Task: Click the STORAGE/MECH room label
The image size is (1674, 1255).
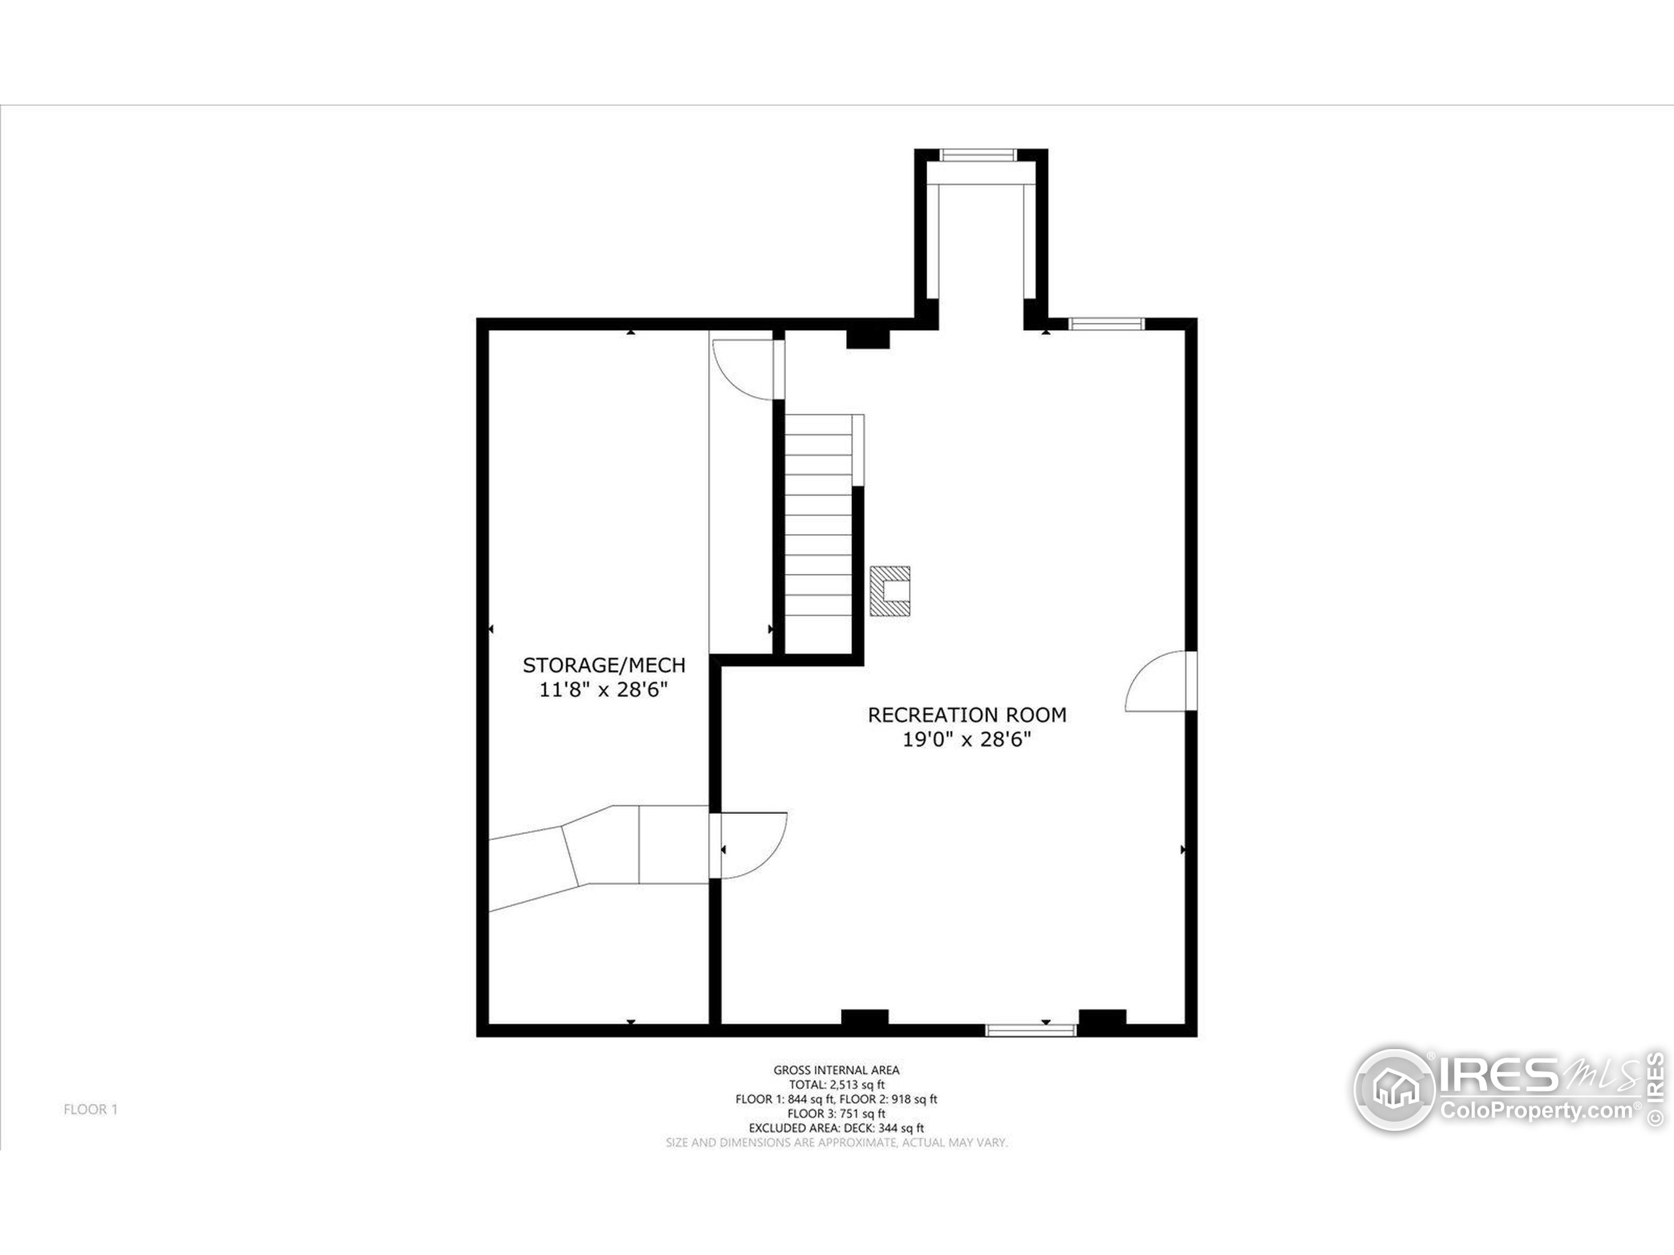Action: (604, 665)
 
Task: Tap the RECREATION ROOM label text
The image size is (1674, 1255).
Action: (966, 715)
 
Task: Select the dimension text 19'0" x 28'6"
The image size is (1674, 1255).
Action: (966, 740)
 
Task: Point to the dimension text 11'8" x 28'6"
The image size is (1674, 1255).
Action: (604, 690)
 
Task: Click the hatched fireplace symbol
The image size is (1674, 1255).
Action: (890, 591)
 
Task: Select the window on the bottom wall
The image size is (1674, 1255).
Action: (1030, 1029)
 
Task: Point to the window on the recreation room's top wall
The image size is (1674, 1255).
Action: (1106, 324)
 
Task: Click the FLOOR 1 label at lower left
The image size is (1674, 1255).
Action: (90, 1110)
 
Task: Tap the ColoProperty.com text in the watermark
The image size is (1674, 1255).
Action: (1536, 1111)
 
